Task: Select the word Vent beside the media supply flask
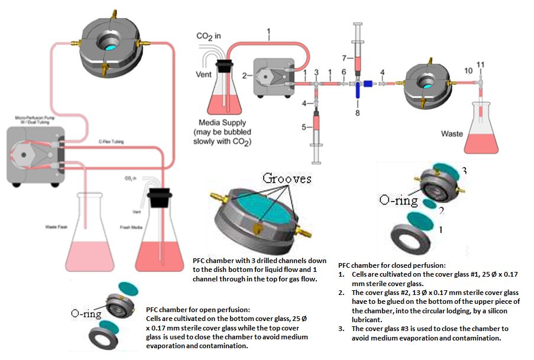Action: coord(203,75)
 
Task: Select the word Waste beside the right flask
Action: coord(452,134)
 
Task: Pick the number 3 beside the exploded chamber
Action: coord(464,171)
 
